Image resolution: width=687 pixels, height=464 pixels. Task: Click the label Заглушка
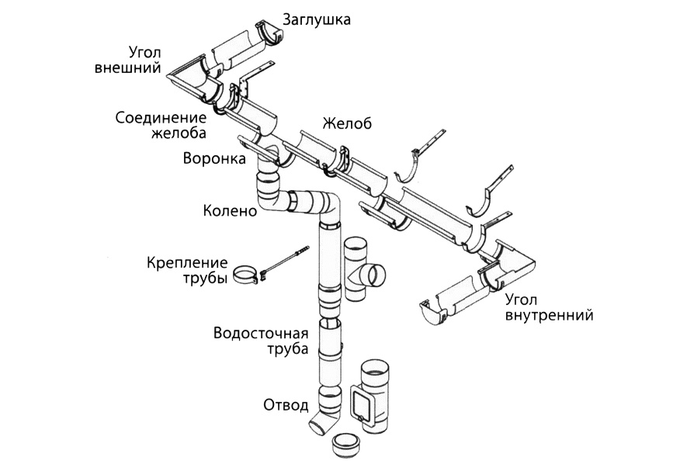click(317, 19)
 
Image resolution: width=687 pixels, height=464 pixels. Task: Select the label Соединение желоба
click(161, 125)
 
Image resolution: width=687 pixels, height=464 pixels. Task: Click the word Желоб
click(347, 123)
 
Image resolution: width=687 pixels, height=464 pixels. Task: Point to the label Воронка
click(214, 159)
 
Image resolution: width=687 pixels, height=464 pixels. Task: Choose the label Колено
click(229, 210)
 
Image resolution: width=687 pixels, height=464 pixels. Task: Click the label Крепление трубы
click(187, 270)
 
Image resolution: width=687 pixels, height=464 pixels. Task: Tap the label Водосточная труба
click(261, 341)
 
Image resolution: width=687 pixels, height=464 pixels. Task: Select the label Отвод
click(286, 404)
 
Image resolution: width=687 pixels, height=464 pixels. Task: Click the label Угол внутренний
click(549, 307)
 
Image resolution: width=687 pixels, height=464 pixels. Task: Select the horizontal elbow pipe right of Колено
click(311, 203)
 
